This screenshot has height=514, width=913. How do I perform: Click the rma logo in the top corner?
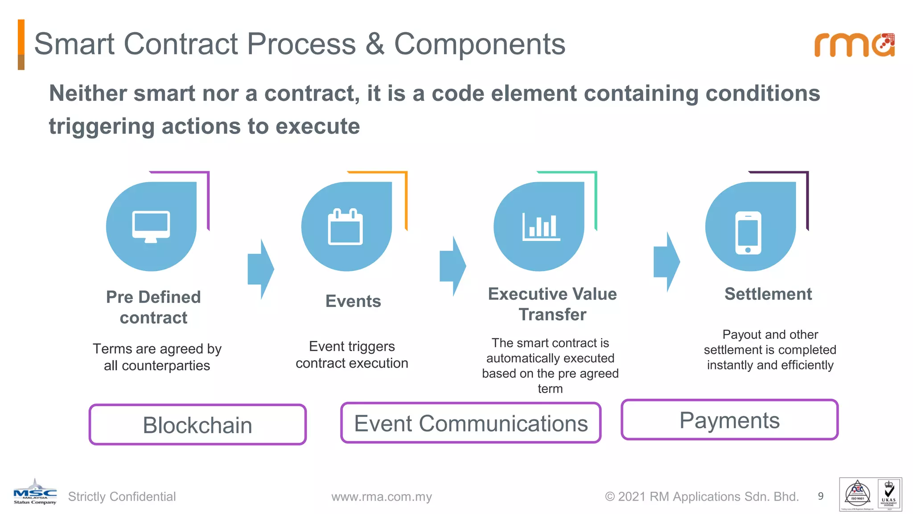coord(854,45)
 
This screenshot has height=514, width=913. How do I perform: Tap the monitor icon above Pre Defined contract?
coord(151,227)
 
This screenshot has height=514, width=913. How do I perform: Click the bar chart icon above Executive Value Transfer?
coord(541,226)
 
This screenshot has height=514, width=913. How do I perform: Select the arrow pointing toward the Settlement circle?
coord(666,262)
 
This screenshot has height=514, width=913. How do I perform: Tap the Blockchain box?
coord(197,425)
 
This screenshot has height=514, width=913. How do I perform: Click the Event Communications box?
coord(471,423)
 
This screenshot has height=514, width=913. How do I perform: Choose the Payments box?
coord(729,420)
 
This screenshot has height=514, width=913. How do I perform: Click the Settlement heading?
coord(768,294)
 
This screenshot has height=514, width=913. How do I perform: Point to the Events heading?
coord(353,301)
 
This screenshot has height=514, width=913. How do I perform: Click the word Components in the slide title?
coord(480,44)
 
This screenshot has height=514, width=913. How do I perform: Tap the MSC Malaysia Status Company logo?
coord(35,493)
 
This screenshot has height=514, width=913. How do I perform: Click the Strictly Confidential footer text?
coord(122,497)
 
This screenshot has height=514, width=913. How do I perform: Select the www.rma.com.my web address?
coord(382,497)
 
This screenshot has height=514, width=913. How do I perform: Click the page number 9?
coord(820,496)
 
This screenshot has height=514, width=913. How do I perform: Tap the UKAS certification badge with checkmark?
coord(888,494)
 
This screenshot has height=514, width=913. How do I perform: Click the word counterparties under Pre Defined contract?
coord(166,366)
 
